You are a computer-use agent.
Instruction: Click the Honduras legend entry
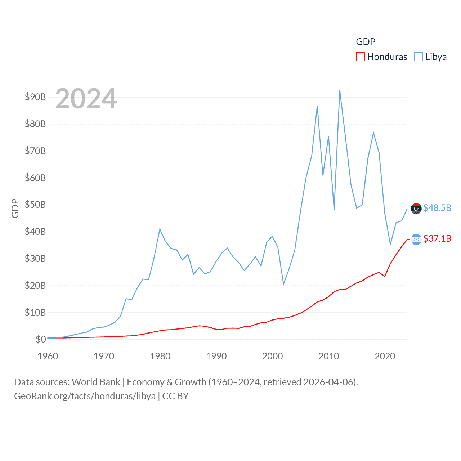click(381, 57)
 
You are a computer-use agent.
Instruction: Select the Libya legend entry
click(430, 57)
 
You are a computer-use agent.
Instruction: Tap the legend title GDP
click(366, 42)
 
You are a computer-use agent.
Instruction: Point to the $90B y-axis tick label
click(35, 97)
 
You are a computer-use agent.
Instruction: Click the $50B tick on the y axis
click(35, 205)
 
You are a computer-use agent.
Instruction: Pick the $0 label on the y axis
click(41, 339)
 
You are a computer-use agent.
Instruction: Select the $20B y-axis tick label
click(35, 286)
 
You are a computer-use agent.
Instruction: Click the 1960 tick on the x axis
click(48, 356)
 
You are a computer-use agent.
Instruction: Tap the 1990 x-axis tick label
click(216, 356)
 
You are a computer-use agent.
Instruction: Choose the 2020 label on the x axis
click(385, 356)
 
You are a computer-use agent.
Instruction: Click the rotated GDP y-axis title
click(15, 208)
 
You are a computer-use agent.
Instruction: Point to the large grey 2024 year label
click(86, 98)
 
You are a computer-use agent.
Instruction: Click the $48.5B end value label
click(437, 208)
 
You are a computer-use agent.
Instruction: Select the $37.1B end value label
click(437, 238)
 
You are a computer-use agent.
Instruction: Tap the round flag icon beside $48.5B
click(416, 209)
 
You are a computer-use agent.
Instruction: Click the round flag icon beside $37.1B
click(416, 239)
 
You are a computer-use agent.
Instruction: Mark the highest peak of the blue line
click(340, 90)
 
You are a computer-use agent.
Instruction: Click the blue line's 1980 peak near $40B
click(160, 229)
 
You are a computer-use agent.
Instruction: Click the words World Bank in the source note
click(96, 382)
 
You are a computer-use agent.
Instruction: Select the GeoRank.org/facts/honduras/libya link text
click(85, 396)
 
